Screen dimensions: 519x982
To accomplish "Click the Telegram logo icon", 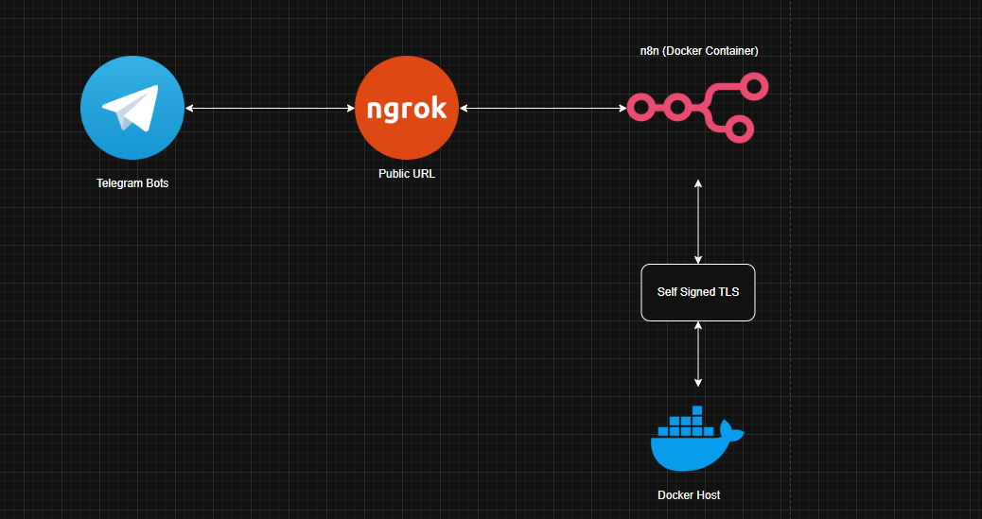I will (x=132, y=108).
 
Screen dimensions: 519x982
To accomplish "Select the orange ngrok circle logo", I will (x=407, y=108).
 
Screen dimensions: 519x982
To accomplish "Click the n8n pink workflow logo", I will (x=698, y=108).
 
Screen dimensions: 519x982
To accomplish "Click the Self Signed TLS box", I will (x=698, y=292).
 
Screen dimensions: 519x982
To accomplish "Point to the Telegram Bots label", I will (x=132, y=183).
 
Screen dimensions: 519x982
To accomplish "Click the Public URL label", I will (x=407, y=174).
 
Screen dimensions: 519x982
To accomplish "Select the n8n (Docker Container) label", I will (x=698, y=51).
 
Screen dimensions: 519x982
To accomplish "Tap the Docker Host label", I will (x=689, y=495).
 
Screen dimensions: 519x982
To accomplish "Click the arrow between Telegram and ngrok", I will (x=270, y=108).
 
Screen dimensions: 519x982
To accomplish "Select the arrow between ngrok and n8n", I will (x=543, y=108).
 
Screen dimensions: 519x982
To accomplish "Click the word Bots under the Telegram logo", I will (x=154, y=183).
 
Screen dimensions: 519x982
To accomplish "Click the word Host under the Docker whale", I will (x=707, y=495).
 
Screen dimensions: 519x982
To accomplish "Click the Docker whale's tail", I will (x=732, y=434).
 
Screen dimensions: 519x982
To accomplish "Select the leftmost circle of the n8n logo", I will (x=641, y=108).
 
